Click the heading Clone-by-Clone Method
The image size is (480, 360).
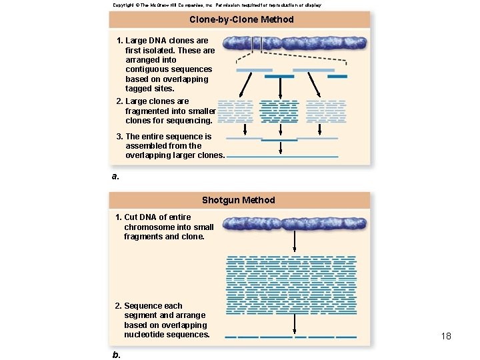coord(241,19)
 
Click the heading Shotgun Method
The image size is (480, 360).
coord(238,200)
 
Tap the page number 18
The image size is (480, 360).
coord(446,336)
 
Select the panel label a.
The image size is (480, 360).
coord(115,176)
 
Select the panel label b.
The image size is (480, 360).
coord(117,354)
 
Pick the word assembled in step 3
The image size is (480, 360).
coord(147,146)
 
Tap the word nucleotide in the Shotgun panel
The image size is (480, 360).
coord(146,335)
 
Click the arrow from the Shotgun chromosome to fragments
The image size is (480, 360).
coord(294,241)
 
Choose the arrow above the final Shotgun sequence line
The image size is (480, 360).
coord(294,323)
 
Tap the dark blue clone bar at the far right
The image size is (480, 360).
coord(337,77)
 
